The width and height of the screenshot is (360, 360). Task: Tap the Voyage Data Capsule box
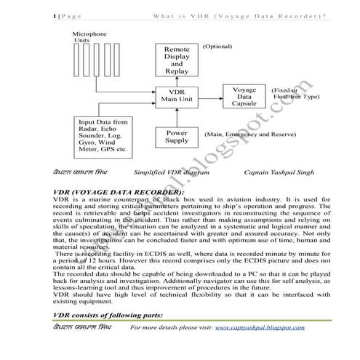coord(244,96)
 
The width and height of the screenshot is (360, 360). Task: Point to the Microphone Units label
coord(90,37)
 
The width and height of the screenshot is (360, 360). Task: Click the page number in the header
coord(55,16)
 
